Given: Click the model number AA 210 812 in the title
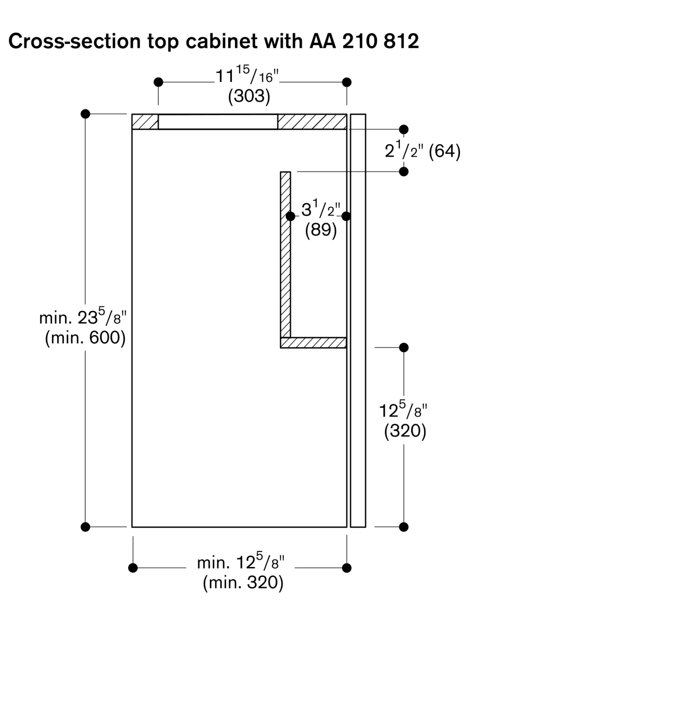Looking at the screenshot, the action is pyautogui.click(x=364, y=41).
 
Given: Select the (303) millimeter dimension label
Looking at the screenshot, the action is pyautogui.click(x=249, y=96).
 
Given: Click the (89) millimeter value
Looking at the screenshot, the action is pyautogui.click(x=321, y=230).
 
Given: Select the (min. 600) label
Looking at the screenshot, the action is pyautogui.click(x=85, y=337).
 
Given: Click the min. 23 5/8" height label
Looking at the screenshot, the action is pyautogui.click(x=83, y=317).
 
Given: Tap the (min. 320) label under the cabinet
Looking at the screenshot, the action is pyautogui.click(x=243, y=582).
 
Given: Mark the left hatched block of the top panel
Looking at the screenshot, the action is pyautogui.click(x=145, y=121).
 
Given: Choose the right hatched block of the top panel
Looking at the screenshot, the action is pyautogui.click(x=312, y=121).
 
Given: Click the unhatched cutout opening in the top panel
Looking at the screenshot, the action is pyautogui.click(x=218, y=121).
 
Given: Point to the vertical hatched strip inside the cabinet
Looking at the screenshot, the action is pyautogui.click(x=285, y=255).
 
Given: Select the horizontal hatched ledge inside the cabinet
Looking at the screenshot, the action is pyautogui.click(x=313, y=343).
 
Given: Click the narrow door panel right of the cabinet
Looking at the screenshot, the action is pyautogui.click(x=358, y=320).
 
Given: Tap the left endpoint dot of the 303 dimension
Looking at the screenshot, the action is pyautogui.click(x=158, y=82).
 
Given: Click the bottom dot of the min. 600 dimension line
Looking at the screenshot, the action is pyautogui.click(x=85, y=527).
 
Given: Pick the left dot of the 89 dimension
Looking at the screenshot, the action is pyautogui.click(x=291, y=216).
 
